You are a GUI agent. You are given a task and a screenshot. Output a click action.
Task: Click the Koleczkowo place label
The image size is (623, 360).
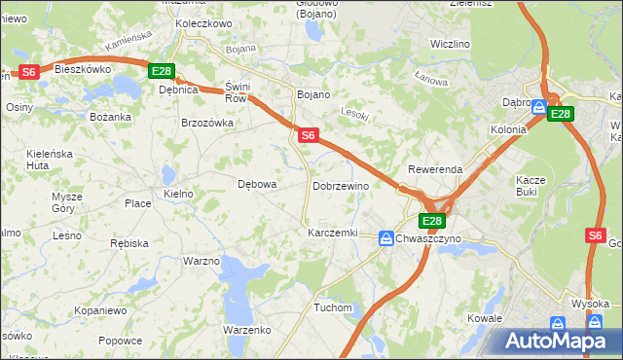[x=202, y=22]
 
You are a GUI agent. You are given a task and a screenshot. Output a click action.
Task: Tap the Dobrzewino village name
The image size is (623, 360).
[x=340, y=185]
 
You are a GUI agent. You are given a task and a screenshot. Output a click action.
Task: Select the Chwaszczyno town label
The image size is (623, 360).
[x=429, y=238]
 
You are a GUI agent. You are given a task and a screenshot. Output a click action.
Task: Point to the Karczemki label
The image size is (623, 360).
[x=332, y=234]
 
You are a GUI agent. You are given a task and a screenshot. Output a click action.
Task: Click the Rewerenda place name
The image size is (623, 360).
[x=435, y=169]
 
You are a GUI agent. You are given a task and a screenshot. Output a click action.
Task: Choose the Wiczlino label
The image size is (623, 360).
[x=450, y=45]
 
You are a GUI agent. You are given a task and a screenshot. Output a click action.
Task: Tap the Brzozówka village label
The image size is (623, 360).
[x=207, y=123]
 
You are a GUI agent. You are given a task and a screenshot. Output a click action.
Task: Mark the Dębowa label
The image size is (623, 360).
[x=258, y=183]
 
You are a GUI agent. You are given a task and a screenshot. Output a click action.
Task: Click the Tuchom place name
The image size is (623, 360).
[x=332, y=307]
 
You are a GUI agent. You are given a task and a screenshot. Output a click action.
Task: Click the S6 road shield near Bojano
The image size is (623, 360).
[x=308, y=136]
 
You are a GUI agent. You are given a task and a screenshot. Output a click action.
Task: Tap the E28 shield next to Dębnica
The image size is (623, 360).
[x=162, y=71]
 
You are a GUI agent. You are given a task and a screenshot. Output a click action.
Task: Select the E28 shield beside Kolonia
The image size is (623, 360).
[x=560, y=114]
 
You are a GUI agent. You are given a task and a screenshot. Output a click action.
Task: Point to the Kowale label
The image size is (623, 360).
[x=484, y=318]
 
